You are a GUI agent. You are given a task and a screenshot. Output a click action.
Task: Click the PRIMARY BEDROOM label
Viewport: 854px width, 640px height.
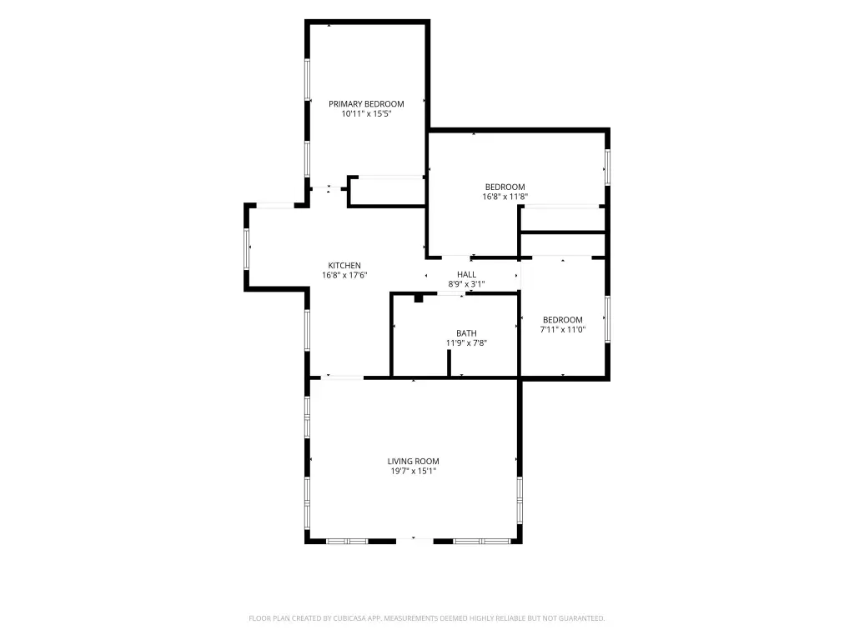[x=366, y=104]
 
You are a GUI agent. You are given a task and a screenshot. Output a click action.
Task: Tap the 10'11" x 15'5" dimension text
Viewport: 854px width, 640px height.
[x=366, y=113]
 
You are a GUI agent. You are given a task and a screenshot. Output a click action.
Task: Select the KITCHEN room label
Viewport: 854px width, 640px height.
[x=344, y=266]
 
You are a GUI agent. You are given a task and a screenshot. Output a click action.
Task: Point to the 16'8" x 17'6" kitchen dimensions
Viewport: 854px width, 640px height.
[x=344, y=275]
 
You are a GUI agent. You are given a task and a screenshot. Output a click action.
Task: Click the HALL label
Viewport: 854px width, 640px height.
[x=466, y=274]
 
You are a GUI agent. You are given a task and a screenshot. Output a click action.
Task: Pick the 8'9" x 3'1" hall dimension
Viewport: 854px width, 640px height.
[x=466, y=284]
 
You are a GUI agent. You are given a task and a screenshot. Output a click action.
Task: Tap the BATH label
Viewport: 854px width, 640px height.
[x=466, y=333]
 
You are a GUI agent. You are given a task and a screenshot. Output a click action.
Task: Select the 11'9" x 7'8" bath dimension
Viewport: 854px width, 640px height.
[x=466, y=342]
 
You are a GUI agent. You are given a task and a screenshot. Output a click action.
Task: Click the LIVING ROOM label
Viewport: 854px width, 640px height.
[x=413, y=462]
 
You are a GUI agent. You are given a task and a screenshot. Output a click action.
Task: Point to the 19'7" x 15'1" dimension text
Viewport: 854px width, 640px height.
[x=413, y=472]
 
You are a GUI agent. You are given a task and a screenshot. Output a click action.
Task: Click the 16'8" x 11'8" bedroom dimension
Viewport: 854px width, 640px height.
[x=505, y=197]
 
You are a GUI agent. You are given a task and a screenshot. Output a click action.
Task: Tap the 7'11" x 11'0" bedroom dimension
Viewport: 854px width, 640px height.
[x=563, y=329]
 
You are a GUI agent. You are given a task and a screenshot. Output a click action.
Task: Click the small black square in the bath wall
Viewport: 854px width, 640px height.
[x=419, y=298]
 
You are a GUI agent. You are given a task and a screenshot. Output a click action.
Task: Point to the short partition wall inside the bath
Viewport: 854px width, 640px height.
[x=450, y=363]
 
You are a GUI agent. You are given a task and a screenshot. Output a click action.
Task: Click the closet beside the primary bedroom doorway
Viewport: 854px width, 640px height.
[x=387, y=192]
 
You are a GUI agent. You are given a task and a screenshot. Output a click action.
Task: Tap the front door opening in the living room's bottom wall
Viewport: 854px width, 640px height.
[x=414, y=540]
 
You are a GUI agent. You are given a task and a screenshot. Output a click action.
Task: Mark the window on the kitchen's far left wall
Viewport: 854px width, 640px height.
[x=247, y=248]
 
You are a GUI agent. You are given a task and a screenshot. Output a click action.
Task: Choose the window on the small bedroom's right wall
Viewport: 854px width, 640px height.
[x=607, y=319]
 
